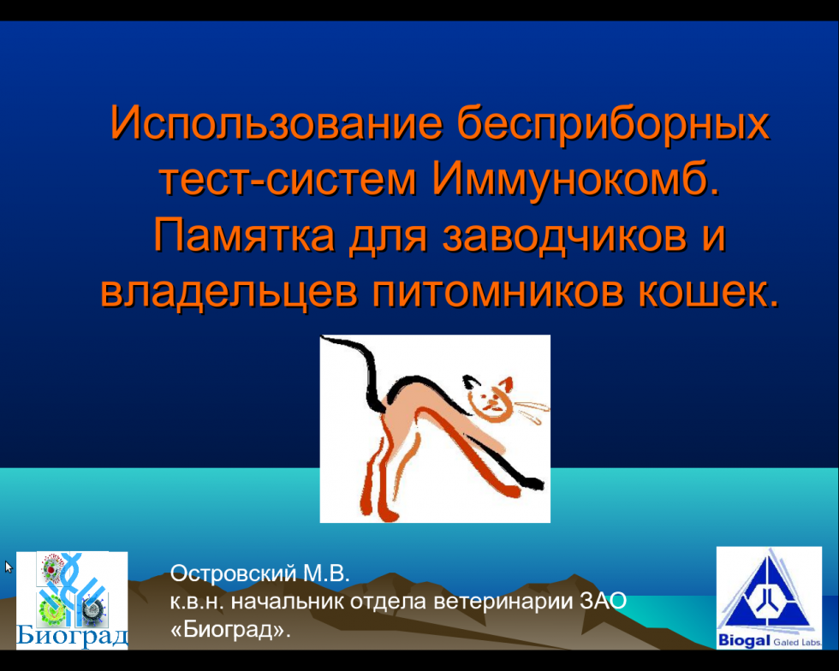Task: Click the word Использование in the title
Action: click(x=277, y=122)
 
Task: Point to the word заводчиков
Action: click(x=564, y=236)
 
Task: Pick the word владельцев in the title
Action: click(x=229, y=293)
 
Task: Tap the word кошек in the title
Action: click(x=702, y=293)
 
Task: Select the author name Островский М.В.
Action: click(x=259, y=573)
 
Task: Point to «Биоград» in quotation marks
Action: click(x=230, y=630)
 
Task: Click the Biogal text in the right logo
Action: click(x=744, y=639)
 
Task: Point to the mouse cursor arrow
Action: click(x=8, y=567)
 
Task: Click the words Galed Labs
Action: click(x=797, y=642)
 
